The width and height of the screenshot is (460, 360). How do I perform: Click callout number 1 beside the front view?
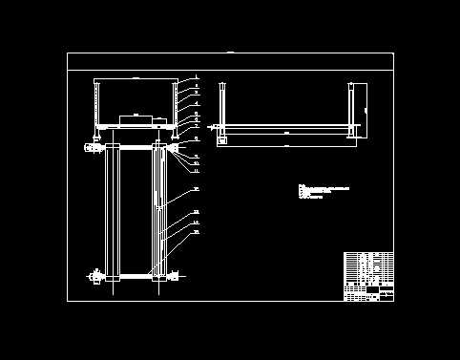tap(196, 76)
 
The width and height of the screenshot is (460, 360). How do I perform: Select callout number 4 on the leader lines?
tap(196, 103)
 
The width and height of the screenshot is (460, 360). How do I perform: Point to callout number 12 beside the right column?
tap(196, 189)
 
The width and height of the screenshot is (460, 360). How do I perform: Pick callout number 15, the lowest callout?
tap(196, 232)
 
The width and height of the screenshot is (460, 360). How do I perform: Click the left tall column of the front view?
tap(113, 212)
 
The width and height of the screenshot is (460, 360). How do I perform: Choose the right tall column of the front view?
tap(158, 212)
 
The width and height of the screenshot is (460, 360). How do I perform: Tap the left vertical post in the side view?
tap(221, 107)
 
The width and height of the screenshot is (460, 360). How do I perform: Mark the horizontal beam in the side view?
tap(286, 129)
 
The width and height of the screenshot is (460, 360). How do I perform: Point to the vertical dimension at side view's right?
tap(366, 110)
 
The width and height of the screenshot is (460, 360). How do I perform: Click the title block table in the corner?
tap(368, 276)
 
